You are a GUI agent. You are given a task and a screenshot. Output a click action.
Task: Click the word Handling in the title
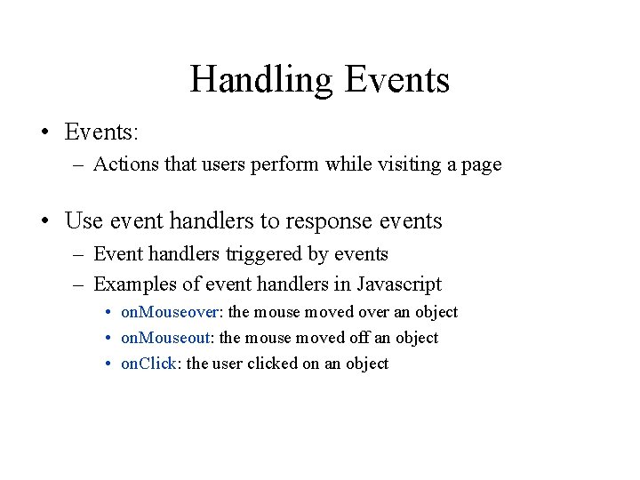[x=260, y=80]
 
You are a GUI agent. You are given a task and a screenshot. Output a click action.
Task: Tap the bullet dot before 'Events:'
[x=44, y=133]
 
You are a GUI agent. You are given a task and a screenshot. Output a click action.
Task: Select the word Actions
[x=122, y=164]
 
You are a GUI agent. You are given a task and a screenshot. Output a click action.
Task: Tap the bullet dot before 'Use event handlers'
[x=44, y=220]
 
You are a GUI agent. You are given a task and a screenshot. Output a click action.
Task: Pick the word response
[x=332, y=221]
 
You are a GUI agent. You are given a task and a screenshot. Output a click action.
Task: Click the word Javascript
[x=399, y=285]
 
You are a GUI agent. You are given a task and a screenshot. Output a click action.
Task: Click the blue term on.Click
[x=149, y=364]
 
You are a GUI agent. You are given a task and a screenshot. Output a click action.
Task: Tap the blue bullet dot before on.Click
[x=107, y=364]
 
